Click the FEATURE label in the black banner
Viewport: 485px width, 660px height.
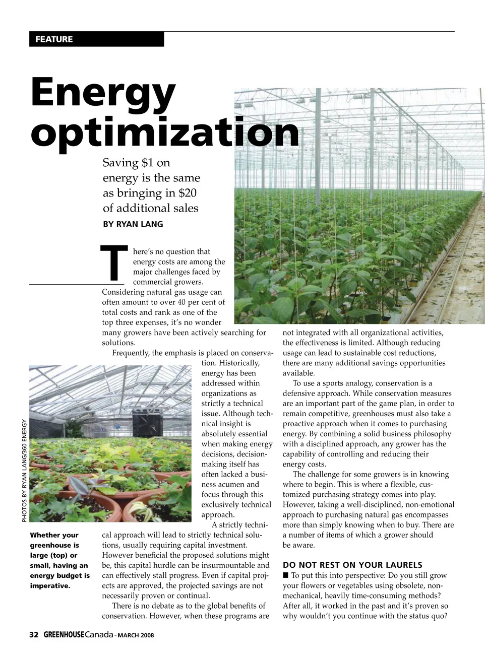[x=54, y=39]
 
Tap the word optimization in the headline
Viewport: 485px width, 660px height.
[x=165, y=131]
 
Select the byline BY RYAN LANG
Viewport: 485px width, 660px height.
[x=133, y=224]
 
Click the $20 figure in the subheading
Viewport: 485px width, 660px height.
[x=188, y=193]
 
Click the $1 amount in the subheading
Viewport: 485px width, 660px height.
[x=148, y=163]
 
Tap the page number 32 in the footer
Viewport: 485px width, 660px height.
[x=34, y=635]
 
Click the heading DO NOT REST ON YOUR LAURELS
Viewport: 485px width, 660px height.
[x=352, y=565]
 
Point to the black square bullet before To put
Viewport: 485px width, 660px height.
[x=285, y=575]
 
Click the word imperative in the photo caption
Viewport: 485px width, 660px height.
[x=50, y=586]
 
